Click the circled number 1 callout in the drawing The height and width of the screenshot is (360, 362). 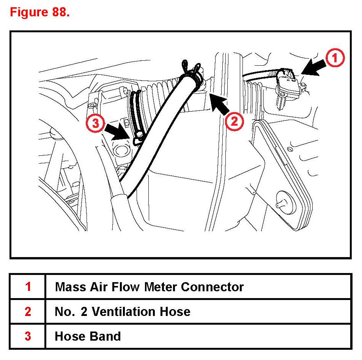point(334,59)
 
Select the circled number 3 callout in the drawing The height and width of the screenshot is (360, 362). point(94,124)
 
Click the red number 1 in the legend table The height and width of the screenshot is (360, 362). point(28,287)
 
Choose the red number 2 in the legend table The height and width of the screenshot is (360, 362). point(28,312)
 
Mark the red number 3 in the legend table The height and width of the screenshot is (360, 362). point(28,336)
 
